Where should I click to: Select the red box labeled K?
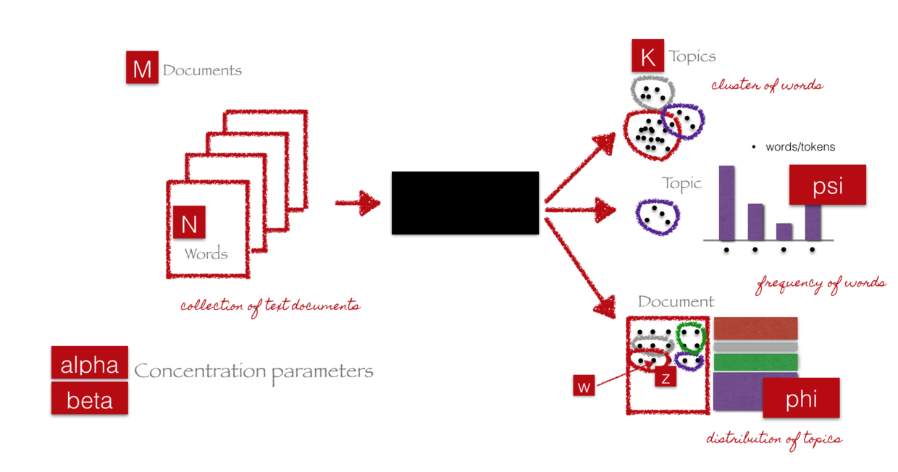pos(647,55)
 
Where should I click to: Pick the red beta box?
pos(90,398)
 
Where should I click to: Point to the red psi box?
pos(827,185)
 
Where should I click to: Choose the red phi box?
pos(801,397)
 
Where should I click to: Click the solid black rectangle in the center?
pos(465,203)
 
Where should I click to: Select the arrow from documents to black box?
pos(358,203)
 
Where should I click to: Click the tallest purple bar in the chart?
pos(726,203)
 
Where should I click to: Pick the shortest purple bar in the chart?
pos(784,231)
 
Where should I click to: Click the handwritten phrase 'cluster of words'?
pos(767,85)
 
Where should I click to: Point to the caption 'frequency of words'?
pos(821,283)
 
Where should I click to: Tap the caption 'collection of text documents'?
pos(270,305)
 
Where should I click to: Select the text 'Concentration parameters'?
pos(254,372)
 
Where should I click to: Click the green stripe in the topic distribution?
pos(755,362)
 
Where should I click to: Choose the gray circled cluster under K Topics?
pos(652,91)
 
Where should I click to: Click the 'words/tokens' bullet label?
pos(800,147)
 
